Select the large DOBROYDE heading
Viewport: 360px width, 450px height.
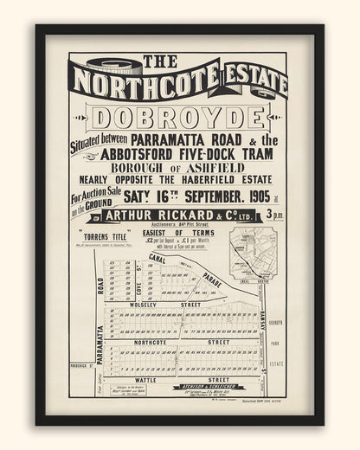(180, 119)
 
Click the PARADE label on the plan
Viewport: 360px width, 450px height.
(212, 281)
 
